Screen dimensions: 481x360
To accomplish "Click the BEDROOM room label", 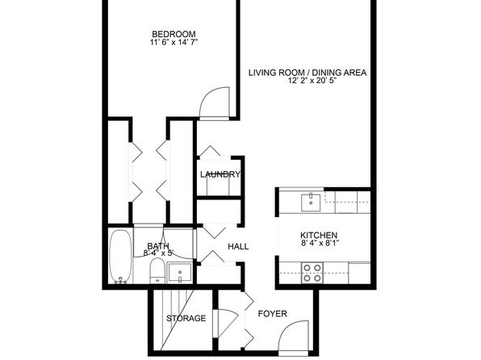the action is point(174,34).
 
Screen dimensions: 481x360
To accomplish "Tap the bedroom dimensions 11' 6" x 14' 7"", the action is point(174,42).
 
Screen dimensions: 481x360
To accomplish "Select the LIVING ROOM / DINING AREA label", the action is point(307,73).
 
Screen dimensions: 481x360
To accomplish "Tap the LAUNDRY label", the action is point(220,174).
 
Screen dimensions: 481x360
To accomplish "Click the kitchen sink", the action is point(311,203).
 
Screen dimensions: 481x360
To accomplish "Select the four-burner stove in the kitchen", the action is point(312,273).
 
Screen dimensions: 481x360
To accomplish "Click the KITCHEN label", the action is point(319,236).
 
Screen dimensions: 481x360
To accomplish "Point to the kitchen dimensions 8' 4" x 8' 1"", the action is point(319,244).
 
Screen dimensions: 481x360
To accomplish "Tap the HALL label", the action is point(238,246).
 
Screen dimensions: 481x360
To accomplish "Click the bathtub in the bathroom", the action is point(121,257).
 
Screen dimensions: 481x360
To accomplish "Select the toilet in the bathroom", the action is point(157,271).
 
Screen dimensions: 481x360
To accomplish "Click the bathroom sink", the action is point(180,273).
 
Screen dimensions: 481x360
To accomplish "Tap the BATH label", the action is point(158,246).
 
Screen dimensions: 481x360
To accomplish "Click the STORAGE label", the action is point(186,318).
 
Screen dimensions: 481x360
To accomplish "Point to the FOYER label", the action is point(273,314).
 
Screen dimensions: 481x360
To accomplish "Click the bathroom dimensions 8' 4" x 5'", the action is point(159,253).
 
